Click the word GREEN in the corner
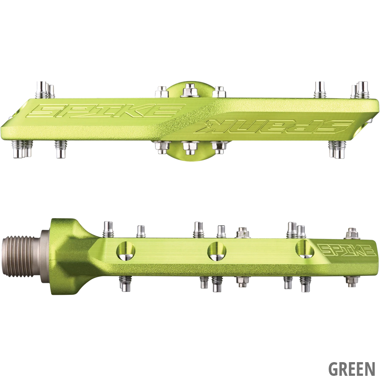tap(352, 369)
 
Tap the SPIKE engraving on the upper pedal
tap(107, 110)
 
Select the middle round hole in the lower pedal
tap(217, 250)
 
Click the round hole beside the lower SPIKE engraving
tap(306, 249)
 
